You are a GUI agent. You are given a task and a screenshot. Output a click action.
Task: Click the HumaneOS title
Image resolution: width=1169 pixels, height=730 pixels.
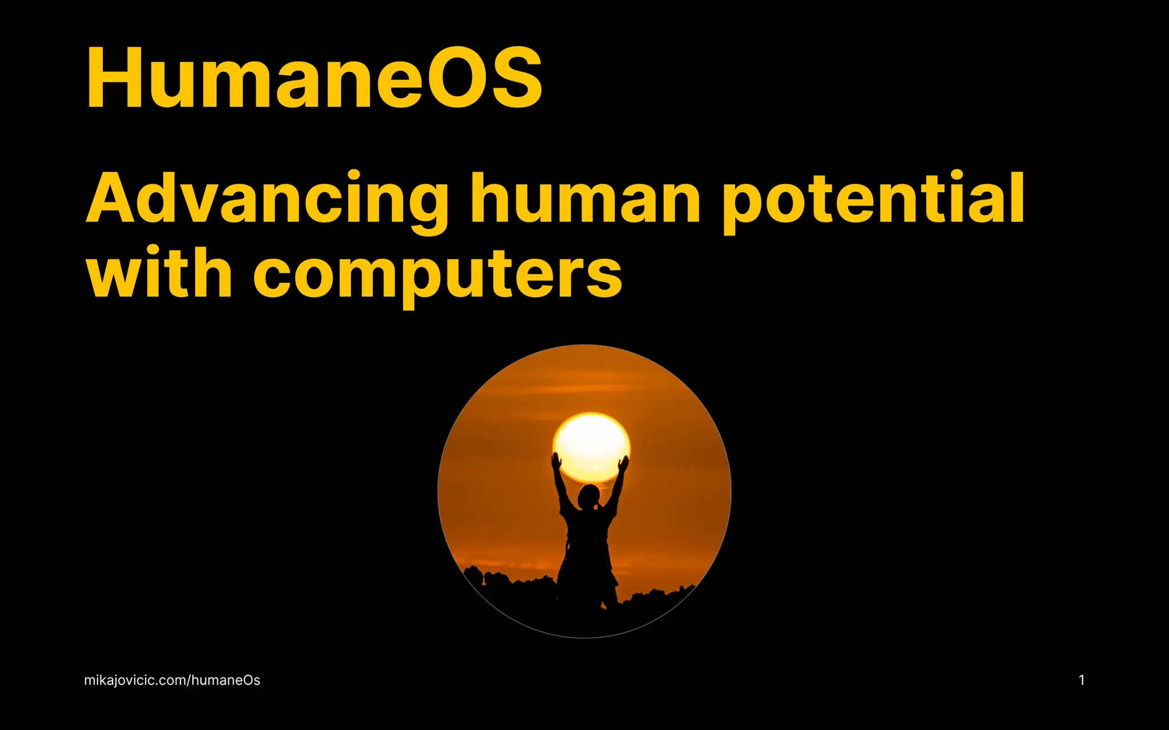pyautogui.click(x=314, y=78)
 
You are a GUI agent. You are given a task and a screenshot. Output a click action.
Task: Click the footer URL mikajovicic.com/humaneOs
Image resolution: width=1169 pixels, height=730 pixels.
pyautogui.click(x=172, y=680)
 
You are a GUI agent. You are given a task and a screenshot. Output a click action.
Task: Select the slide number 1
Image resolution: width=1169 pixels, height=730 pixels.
pyautogui.click(x=1082, y=680)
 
